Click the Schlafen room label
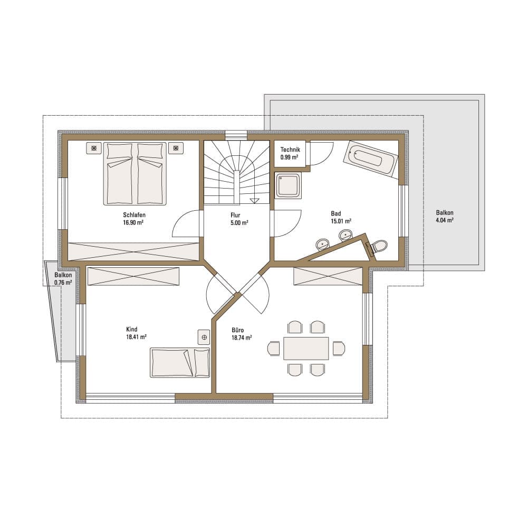[x=134, y=215]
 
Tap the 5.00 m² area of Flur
[x=239, y=223]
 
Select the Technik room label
[x=290, y=149]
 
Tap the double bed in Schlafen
[x=135, y=174]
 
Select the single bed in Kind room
[x=180, y=362]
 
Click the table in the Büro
[x=306, y=348]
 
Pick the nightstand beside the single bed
[x=204, y=337]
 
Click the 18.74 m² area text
[x=242, y=338]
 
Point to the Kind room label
[x=132, y=330]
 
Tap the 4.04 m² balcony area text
[x=445, y=220]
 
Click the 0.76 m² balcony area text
[x=63, y=283]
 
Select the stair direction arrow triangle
[x=254, y=201]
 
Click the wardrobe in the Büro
[x=328, y=276]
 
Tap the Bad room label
[x=336, y=213]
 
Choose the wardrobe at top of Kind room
[x=133, y=276]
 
